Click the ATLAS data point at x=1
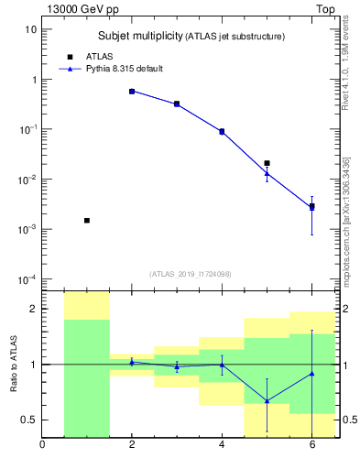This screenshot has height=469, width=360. tap(87, 221)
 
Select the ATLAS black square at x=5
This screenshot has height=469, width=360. tap(267, 163)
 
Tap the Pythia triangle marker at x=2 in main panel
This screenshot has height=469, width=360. tap(132, 92)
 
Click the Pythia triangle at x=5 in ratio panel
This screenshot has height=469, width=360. tap(267, 400)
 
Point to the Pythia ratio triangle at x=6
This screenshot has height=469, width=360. tap(311, 373)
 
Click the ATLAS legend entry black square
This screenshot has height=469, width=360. tap(70, 57)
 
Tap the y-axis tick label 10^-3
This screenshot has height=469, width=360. tap(27, 229)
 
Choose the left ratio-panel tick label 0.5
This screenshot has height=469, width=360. tap(27, 420)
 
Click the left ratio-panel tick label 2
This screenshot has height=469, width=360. tap(32, 309)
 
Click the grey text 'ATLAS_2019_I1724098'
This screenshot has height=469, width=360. tap(191, 273)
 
